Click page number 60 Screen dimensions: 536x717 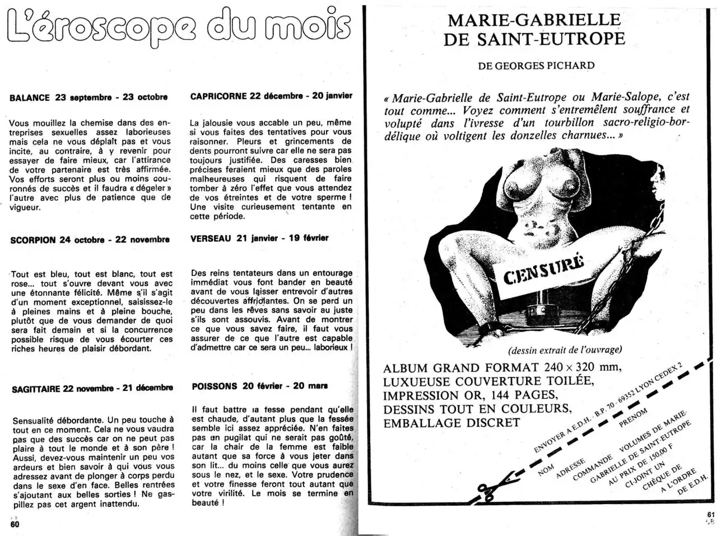tap(15, 524)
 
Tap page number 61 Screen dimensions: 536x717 tap(711, 516)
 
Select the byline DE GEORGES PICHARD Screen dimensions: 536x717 tap(536, 66)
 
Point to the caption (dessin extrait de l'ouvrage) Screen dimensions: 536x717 tap(565, 350)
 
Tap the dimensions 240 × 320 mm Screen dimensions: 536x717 tap(583, 368)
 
